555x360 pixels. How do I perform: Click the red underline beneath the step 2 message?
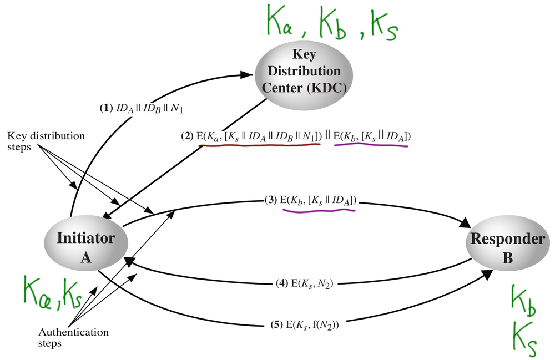(x=261, y=145)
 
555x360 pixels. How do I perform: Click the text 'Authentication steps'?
(x=73, y=338)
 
